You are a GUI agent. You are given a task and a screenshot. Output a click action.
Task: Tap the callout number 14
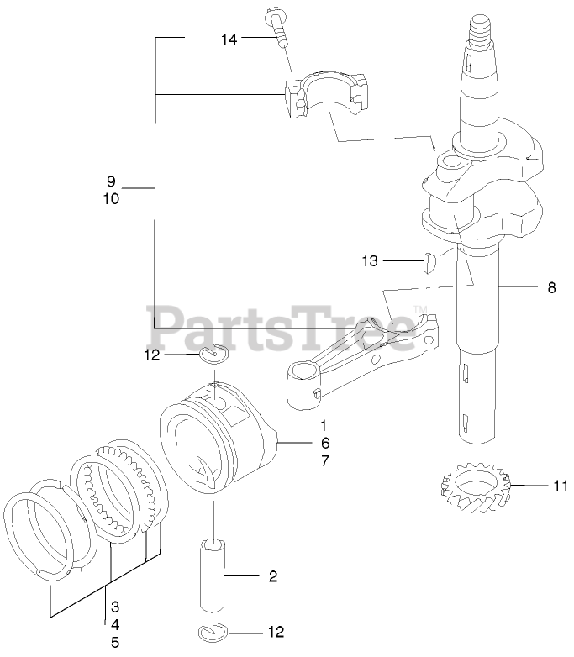click(x=229, y=39)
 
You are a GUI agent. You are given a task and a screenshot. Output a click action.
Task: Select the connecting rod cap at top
click(x=327, y=95)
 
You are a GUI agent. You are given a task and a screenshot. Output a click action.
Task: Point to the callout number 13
click(x=370, y=261)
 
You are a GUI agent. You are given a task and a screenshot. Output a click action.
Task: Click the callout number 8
click(x=551, y=288)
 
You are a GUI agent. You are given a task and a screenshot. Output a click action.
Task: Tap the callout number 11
click(x=561, y=486)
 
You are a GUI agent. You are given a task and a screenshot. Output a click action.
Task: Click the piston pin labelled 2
click(x=213, y=576)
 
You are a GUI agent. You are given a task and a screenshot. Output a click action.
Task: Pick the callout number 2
click(x=273, y=576)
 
